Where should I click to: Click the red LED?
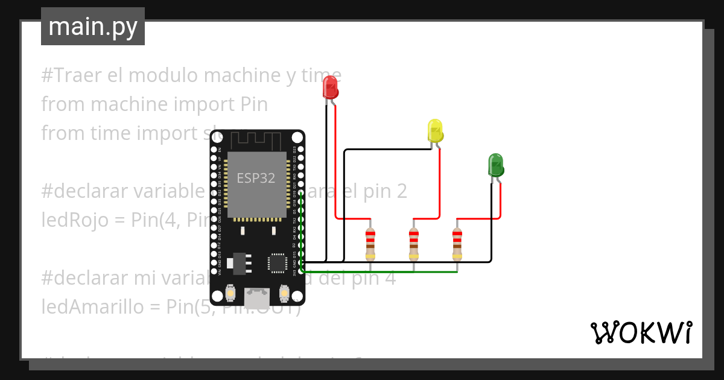click(x=330, y=87)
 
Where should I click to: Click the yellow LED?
click(x=435, y=131)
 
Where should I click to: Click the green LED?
click(x=495, y=165)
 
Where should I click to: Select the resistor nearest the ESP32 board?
click(x=370, y=244)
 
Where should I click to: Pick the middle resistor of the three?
click(x=413, y=244)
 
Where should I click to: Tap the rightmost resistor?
click(x=457, y=244)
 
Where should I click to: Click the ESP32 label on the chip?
click(x=256, y=178)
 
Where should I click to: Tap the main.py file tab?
click(x=93, y=27)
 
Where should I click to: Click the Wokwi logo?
click(x=641, y=332)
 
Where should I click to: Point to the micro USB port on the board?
click(x=258, y=297)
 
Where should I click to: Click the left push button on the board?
click(x=230, y=294)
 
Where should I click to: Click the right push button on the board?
click(x=284, y=294)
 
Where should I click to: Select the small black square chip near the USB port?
click(x=278, y=263)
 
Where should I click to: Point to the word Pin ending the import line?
click(x=253, y=104)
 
